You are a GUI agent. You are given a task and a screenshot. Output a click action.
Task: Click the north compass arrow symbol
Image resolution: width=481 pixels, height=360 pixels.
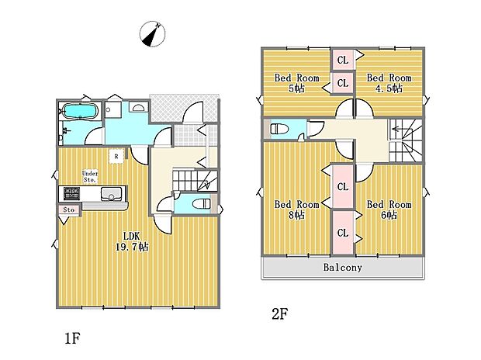point(153,35)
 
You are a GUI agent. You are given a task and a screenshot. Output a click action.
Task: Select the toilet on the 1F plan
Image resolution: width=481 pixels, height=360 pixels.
point(201,204)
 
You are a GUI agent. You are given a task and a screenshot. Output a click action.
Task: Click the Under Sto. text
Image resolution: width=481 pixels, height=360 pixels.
point(90,176)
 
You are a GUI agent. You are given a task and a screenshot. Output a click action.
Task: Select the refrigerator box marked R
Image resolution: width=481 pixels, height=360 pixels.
point(116,157)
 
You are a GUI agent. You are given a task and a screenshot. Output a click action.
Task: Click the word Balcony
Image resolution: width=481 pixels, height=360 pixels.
point(342,267)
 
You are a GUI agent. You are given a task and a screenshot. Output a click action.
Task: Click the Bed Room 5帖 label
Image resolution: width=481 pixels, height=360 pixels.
point(296,82)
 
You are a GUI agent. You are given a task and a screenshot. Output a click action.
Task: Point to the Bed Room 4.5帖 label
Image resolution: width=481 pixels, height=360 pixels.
point(388,82)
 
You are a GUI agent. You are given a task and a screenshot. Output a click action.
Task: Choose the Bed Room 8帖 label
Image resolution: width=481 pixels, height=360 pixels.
point(296,209)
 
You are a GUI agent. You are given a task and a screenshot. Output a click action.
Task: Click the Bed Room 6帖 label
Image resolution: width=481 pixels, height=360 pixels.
point(388,209)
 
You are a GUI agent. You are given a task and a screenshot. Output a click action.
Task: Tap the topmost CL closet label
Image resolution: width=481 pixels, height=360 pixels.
point(342,60)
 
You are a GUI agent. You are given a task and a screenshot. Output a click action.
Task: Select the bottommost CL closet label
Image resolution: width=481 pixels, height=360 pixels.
point(342,233)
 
